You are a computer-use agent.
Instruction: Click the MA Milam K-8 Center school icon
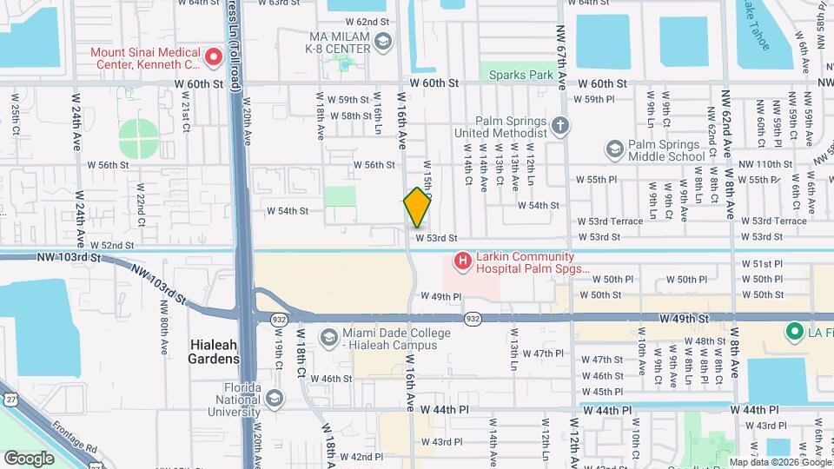tap(381, 42)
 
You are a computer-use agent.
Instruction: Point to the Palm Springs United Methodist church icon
tap(560, 127)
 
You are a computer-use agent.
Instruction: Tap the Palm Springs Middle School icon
tap(615, 150)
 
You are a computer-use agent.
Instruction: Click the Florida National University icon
tap(275, 398)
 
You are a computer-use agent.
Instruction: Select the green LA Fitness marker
tap(792, 331)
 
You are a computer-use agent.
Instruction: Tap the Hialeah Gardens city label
tap(214, 352)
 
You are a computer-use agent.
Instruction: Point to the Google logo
tap(30, 458)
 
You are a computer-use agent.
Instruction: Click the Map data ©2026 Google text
tap(779, 462)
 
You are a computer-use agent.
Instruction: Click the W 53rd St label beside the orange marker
tap(435, 237)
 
